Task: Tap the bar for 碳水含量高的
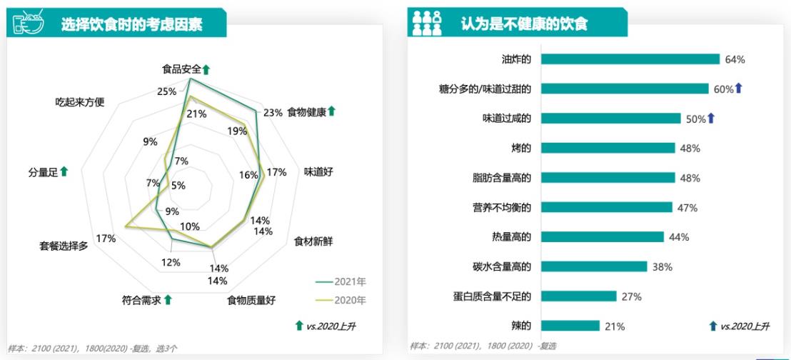[593, 266]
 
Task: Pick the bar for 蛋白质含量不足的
[578, 296]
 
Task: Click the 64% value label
[735, 60]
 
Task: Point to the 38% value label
[662, 267]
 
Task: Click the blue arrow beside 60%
[739, 89]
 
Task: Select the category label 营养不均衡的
[503, 207]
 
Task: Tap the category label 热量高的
[512, 237]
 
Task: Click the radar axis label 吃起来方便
[80, 101]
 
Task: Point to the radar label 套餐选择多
[64, 246]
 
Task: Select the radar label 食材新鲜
[313, 241]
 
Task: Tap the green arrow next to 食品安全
[206, 70]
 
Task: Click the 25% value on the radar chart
[166, 91]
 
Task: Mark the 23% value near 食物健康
[272, 113]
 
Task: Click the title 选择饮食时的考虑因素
[132, 25]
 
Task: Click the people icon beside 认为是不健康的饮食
[427, 23]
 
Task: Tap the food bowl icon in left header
[26, 24]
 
